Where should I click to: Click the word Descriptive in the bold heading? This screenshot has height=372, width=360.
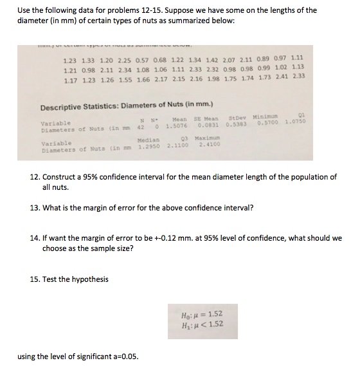(63, 107)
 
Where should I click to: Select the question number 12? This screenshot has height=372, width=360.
(35, 176)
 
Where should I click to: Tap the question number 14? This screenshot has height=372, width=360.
(35, 238)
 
